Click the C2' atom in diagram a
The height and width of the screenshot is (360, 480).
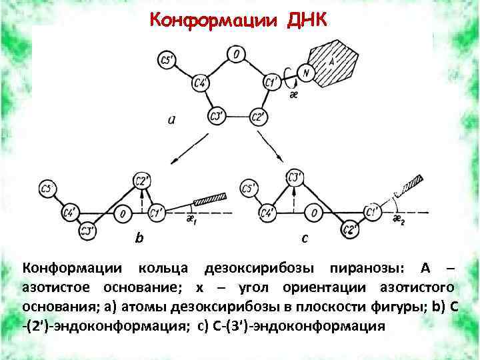259,117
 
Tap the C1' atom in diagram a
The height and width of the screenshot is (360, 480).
271,83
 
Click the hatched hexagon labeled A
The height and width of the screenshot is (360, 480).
333,62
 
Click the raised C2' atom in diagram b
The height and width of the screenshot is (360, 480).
142,179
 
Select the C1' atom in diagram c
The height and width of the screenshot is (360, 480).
373,212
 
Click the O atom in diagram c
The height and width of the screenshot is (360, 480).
314,213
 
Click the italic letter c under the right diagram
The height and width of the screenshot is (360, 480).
305,237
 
